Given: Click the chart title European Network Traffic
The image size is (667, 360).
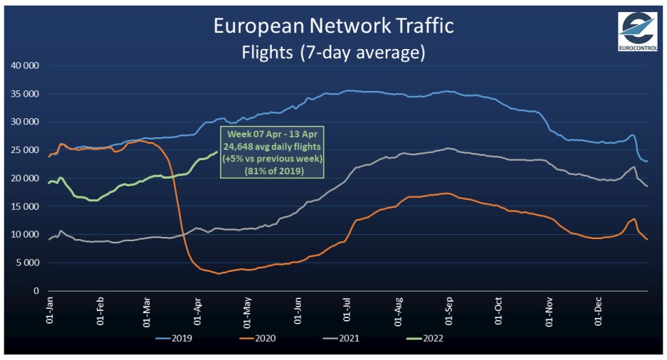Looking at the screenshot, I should click(x=333, y=26).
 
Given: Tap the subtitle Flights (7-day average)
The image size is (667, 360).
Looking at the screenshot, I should click(x=333, y=51).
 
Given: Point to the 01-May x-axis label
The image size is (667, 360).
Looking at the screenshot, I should click(x=246, y=311).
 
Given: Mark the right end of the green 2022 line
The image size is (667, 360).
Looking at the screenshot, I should click(x=216, y=151).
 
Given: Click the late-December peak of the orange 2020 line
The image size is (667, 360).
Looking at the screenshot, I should click(x=634, y=218).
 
